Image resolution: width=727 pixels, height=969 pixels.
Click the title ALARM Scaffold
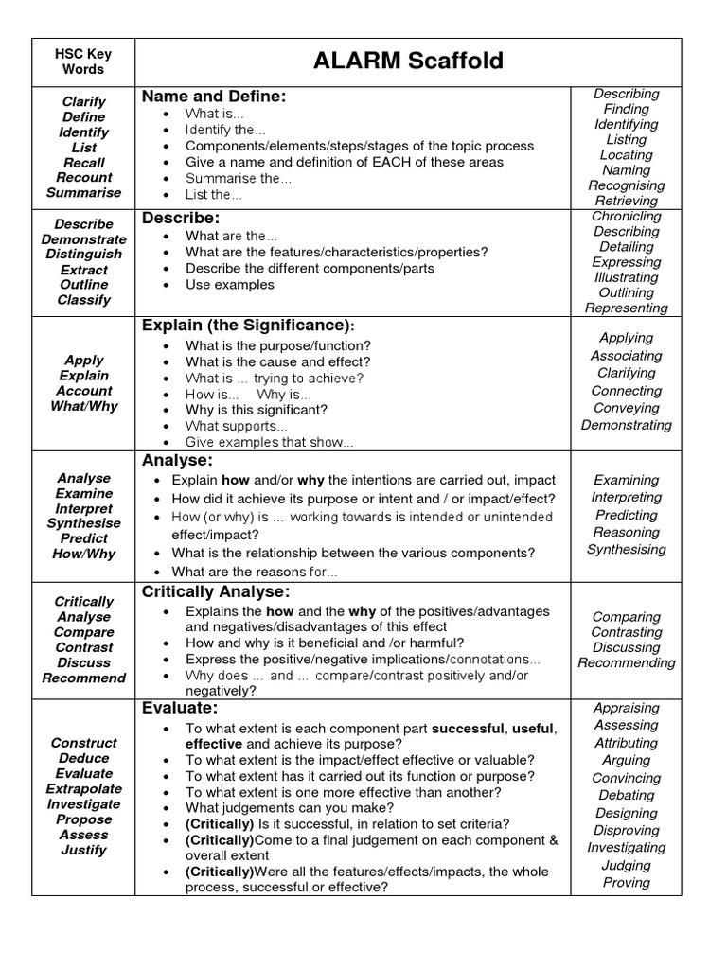(x=409, y=62)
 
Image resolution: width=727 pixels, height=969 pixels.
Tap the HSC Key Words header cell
(x=83, y=62)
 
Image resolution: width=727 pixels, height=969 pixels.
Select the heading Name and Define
(x=214, y=96)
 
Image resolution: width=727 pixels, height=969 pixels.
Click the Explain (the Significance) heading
(x=248, y=326)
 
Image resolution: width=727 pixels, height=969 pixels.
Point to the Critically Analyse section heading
(x=216, y=591)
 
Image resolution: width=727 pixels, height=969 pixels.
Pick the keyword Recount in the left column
(x=84, y=177)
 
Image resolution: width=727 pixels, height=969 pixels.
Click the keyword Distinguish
(x=84, y=254)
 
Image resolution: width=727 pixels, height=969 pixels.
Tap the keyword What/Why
(x=84, y=405)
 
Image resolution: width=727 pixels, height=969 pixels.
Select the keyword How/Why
(x=84, y=554)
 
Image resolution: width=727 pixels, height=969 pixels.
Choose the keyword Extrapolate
(x=84, y=788)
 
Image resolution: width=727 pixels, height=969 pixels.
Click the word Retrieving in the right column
(x=627, y=201)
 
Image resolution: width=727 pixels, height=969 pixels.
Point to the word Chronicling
(x=627, y=216)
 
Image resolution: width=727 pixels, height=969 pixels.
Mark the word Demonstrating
(x=627, y=425)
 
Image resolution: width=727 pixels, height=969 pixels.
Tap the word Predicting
(x=627, y=515)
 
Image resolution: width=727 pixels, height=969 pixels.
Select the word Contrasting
(x=627, y=632)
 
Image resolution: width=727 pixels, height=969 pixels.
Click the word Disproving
(x=627, y=830)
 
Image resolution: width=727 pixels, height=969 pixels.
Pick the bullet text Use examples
(x=230, y=284)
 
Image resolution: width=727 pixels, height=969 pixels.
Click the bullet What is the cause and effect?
(x=278, y=361)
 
